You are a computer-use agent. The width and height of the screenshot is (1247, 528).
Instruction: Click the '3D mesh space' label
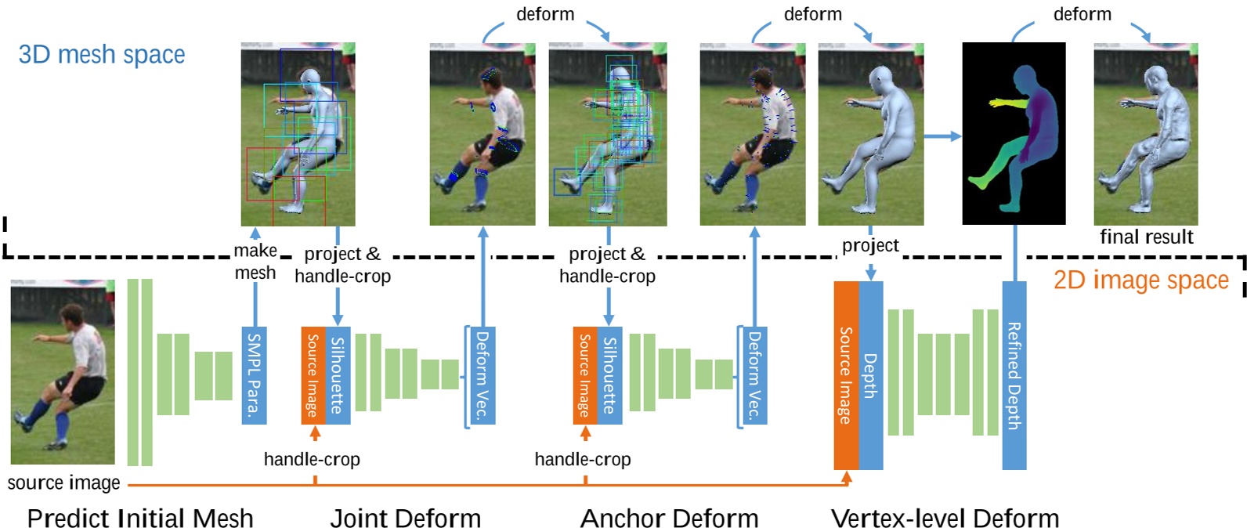(x=102, y=55)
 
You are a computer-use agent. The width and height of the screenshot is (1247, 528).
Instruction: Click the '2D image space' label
(x=1140, y=280)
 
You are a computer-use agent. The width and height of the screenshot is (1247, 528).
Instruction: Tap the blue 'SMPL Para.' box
(x=254, y=375)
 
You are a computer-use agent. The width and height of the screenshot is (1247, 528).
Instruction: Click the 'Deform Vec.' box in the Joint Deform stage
(x=482, y=375)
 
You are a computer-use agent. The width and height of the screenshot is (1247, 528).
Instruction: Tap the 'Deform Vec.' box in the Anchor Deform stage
(x=754, y=375)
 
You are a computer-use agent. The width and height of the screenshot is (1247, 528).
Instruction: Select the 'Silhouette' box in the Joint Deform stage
(x=338, y=375)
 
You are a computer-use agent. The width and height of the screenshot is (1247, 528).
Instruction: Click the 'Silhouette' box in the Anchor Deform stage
(x=609, y=375)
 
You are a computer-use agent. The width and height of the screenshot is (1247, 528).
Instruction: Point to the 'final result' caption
(x=1146, y=237)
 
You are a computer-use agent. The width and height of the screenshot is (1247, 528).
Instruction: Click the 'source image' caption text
(x=63, y=483)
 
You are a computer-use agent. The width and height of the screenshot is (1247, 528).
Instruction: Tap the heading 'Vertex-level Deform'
(x=945, y=519)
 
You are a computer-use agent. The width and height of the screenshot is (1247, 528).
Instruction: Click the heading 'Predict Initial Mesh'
(x=140, y=519)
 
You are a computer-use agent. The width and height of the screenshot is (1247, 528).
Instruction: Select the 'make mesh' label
(x=255, y=262)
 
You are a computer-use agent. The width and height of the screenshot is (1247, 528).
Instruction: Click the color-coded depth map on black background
(x=1014, y=133)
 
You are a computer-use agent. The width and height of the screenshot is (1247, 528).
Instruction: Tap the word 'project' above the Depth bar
(x=870, y=246)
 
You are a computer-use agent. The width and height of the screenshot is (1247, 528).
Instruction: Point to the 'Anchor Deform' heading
(x=669, y=519)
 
